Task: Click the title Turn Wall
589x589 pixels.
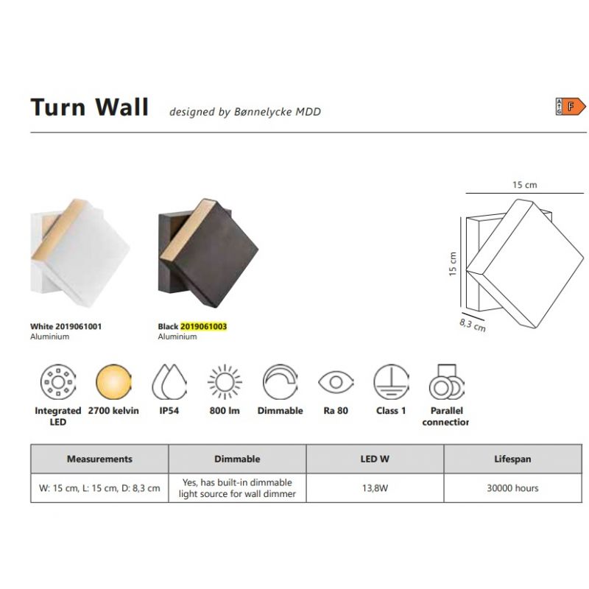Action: click(x=89, y=107)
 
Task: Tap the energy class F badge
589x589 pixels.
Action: click(x=570, y=107)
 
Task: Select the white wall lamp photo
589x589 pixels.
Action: click(x=80, y=253)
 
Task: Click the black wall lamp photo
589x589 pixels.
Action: click(x=208, y=253)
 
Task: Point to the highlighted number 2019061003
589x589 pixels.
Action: click(x=204, y=326)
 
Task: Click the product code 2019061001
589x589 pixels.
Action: click(x=79, y=326)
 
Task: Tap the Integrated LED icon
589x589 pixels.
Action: click(x=58, y=382)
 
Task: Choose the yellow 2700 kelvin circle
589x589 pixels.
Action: click(x=113, y=382)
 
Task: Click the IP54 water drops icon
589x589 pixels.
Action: click(x=169, y=382)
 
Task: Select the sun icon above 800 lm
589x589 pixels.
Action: click(x=225, y=382)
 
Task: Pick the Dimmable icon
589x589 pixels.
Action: click(x=281, y=382)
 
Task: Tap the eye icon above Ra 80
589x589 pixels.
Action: click(x=336, y=382)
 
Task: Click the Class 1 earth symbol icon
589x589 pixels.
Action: click(x=391, y=382)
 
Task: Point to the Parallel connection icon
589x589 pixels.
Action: click(x=447, y=382)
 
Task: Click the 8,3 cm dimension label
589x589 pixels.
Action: click(x=472, y=325)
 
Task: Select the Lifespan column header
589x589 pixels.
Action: click(x=512, y=459)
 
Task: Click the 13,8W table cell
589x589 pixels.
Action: click(x=375, y=488)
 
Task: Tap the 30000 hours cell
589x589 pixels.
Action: click(x=512, y=488)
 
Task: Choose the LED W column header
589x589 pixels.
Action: click(x=375, y=459)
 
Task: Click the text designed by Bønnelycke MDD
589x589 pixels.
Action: click(x=245, y=112)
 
